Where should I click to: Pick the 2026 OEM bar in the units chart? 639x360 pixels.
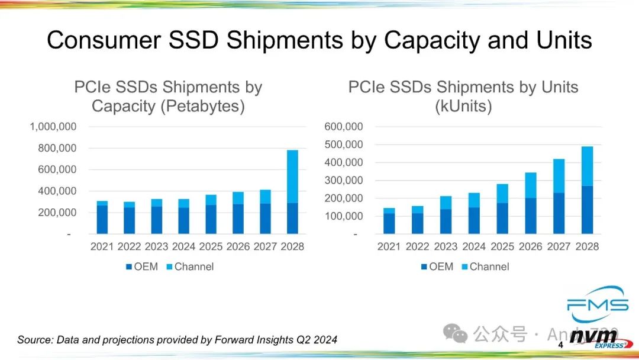(x=531, y=216)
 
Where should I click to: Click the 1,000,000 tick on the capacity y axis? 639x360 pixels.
(x=53, y=127)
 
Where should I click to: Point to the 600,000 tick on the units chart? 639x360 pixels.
(x=344, y=127)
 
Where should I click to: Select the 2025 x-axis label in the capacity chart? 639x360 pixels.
(x=211, y=246)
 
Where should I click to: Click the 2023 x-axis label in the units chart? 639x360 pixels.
(x=446, y=246)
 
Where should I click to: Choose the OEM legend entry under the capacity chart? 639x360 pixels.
(x=142, y=266)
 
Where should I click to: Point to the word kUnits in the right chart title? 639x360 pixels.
(x=463, y=107)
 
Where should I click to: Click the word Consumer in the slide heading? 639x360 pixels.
(x=104, y=40)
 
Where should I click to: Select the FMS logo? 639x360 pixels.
(x=598, y=302)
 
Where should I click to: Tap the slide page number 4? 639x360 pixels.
(x=561, y=345)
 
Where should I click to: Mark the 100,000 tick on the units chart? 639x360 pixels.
(x=344, y=216)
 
